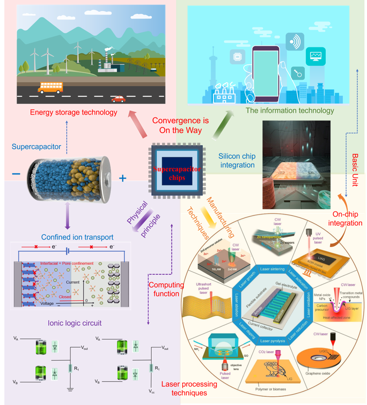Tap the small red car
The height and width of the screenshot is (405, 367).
[119, 99]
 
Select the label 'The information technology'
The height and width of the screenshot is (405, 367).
[289, 110]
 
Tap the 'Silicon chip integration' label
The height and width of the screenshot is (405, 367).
[237, 161]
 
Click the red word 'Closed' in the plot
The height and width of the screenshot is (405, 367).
[65, 296]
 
